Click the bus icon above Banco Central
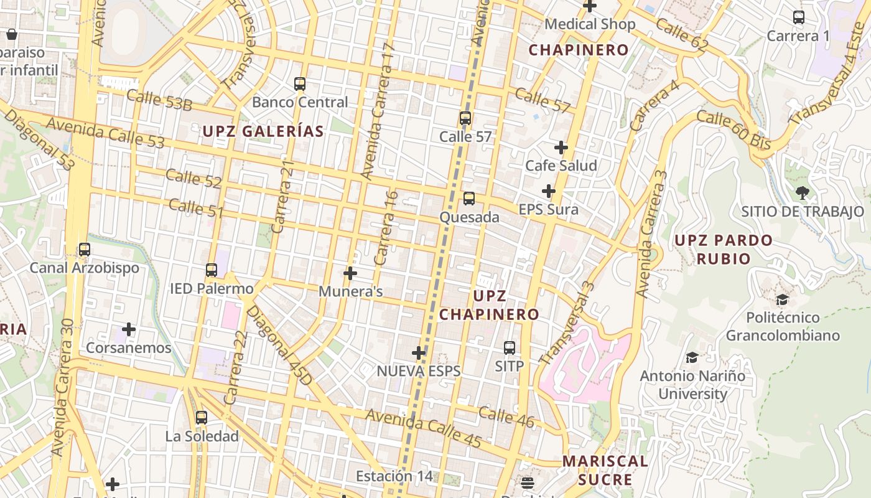point(300,83)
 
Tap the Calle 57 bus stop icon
point(465,118)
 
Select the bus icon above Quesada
point(468,199)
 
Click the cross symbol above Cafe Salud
point(561,148)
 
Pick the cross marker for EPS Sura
point(548,191)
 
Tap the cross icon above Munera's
point(350,273)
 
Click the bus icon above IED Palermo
point(212,270)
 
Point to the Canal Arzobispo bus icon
point(84,250)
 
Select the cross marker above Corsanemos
point(129,329)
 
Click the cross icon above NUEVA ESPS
point(419,353)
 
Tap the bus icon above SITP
point(510,347)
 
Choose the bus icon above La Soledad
point(202,418)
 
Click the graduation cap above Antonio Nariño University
point(692,357)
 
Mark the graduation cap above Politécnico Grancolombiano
point(782,300)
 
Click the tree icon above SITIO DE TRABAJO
point(802,193)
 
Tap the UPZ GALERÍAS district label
point(263,131)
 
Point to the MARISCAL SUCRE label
point(605,471)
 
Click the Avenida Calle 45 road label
point(423,428)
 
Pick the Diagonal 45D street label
point(279,344)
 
